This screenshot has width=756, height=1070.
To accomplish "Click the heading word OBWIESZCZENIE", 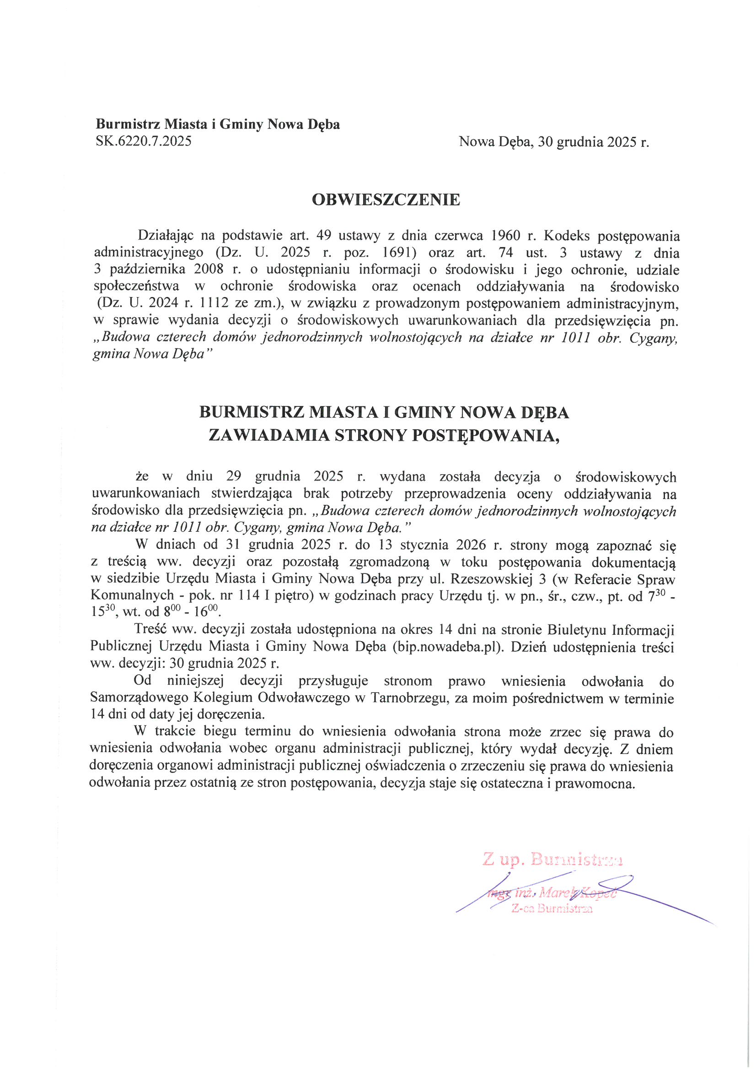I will (x=386, y=200).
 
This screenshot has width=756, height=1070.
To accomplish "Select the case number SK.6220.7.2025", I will (x=144, y=141).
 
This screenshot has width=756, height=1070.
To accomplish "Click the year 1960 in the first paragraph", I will (x=505, y=236).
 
